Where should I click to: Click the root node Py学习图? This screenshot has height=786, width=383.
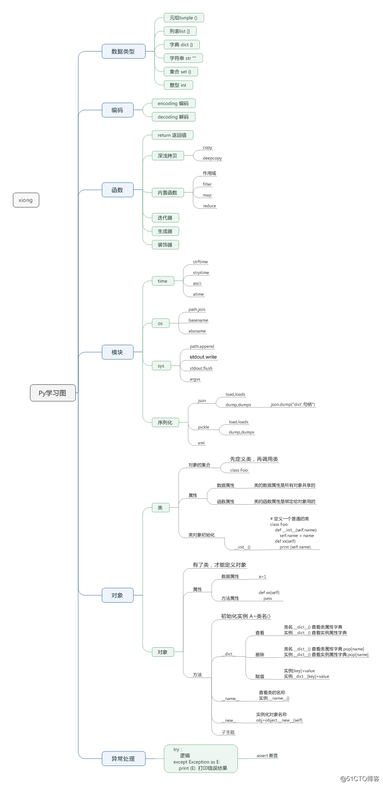pos(53,393)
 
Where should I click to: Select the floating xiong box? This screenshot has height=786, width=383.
pos(26,200)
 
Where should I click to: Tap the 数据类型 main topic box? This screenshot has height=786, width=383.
pos(123,51)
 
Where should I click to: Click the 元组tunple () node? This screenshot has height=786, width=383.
pos(184,18)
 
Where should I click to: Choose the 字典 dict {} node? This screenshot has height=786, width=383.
pos(182,45)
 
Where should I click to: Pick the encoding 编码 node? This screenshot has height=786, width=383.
pos(173,103)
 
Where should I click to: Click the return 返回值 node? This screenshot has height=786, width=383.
pos(172,135)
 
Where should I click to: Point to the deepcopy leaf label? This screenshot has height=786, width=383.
pos(212,158)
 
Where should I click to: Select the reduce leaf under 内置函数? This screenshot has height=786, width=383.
pos(209,206)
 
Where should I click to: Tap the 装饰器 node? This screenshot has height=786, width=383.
pos(165,245)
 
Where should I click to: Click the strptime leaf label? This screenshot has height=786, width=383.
pos(201,273)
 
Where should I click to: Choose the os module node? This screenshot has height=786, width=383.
pos(160,323)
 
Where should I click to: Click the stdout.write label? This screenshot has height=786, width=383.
pos(203,357)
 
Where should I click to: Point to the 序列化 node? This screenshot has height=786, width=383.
pos(165,422)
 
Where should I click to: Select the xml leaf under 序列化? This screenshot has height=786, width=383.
pos(201,443)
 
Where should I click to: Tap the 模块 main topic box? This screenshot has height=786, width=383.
pos(118,352)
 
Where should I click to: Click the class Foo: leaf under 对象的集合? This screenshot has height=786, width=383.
pos(239,470)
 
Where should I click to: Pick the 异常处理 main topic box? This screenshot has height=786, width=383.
pos(123,758)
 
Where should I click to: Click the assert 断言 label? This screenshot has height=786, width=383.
pos(267,755)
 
